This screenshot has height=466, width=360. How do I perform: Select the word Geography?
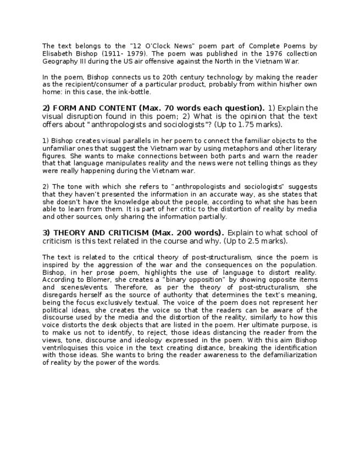point(59,62)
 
